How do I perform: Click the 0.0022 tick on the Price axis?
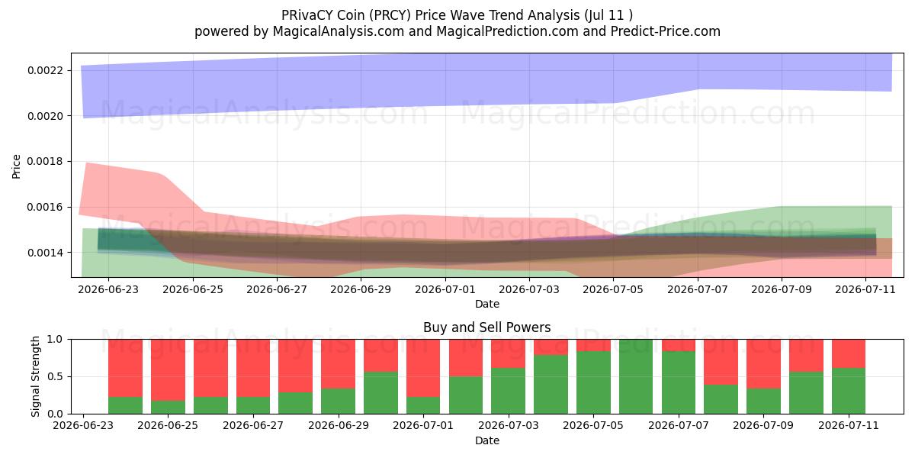45,70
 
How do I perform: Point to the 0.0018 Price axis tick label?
45,162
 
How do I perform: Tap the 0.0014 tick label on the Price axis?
45,253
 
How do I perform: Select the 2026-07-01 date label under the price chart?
445,289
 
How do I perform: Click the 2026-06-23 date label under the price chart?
108,289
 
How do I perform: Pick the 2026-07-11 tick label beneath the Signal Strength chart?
849,425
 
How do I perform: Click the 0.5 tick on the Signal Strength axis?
55,376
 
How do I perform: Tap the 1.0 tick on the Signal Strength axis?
55,340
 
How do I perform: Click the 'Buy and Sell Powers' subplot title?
487,327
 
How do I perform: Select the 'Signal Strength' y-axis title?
36,376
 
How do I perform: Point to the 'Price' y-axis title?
16,166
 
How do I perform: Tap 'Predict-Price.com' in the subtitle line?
666,31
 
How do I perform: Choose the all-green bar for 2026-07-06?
636,376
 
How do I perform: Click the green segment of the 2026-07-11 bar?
849,391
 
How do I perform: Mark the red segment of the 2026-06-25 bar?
168,369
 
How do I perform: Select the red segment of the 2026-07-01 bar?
423,368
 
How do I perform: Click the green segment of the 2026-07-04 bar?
551,385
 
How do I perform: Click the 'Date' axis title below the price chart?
487,304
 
